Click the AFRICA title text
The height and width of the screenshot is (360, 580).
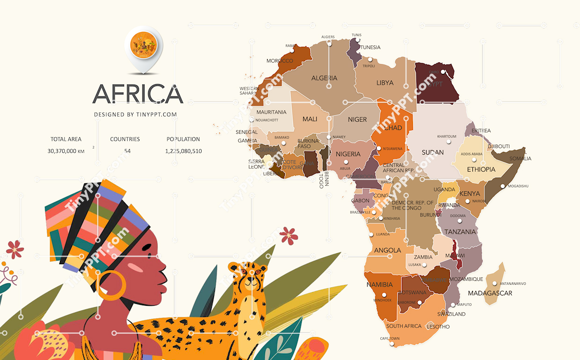(x=138, y=94)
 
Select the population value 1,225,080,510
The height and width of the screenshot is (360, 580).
(x=183, y=151)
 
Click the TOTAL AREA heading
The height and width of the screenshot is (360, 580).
(x=66, y=139)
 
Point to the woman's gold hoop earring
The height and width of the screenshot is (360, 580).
(x=111, y=285)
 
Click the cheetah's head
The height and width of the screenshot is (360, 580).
(x=247, y=276)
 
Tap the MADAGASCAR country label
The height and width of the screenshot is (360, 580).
(x=490, y=293)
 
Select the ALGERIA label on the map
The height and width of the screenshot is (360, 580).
(x=324, y=78)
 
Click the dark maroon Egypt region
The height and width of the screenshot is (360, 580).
(x=435, y=84)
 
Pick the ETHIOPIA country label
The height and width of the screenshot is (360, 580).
(x=481, y=169)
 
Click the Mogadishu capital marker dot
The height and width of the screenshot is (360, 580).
(x=503, y=186)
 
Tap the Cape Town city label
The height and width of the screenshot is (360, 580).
(x=390, y=338)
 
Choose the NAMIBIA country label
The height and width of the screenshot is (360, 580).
(x=379, y=284)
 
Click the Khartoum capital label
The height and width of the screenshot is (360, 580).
(x=446, y=137)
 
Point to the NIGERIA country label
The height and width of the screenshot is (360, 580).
(x=348, y=154)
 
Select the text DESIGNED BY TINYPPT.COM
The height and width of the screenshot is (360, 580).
(x=135, y=115)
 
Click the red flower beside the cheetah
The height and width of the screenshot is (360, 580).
(x=289, y=235)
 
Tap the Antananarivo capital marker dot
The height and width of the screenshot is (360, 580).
(x=494, y=283)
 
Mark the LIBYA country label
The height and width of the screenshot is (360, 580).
(x=385, y=83)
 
